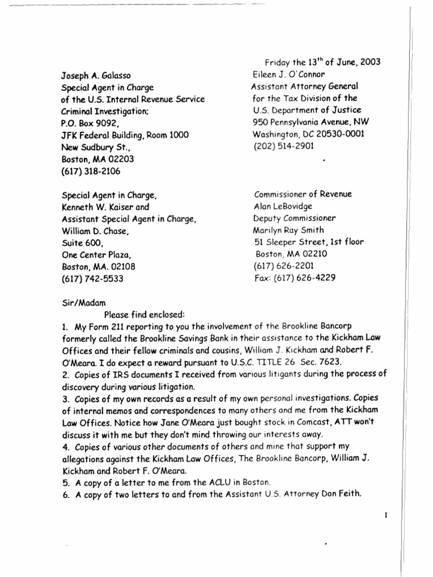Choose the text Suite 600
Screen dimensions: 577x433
coord(79,243)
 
